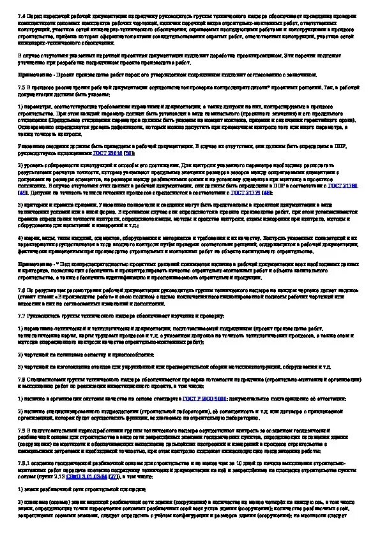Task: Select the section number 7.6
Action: coord(22,289)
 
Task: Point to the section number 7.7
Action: coord(22,315)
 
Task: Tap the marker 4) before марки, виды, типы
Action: coord(21,235)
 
